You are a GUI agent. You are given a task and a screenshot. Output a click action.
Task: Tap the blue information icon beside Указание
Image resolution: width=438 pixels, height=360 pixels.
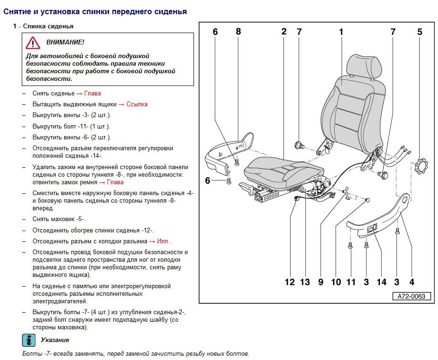coord(28,340)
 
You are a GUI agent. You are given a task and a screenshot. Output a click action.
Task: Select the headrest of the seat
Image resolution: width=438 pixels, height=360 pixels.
coord(362,65)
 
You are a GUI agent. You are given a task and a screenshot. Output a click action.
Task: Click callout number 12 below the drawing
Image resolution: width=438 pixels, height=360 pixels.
coord(289,282)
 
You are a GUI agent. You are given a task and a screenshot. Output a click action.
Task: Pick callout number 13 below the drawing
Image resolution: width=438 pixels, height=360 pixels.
coord(305,282)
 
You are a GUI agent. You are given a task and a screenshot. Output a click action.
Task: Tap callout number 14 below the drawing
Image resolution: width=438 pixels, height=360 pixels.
coord(381,282)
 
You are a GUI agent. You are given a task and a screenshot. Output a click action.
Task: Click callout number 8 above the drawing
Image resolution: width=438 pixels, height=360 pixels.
coord(238,32)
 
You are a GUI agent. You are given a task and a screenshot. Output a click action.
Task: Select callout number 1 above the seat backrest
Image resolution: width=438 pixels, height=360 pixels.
coord(341,32)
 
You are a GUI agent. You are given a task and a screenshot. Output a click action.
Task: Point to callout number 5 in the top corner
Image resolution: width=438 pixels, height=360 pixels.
coord(420,32)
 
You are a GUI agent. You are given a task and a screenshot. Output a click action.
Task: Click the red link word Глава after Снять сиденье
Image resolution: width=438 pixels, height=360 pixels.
coord(93,93)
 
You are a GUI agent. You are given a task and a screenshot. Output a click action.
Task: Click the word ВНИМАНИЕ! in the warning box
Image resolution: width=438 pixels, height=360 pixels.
coord(65,43)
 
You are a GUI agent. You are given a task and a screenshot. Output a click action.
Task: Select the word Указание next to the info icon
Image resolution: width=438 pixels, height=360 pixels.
coord(55,340)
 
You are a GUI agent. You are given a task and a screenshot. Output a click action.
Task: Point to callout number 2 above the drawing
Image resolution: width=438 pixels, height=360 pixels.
coord(284,32)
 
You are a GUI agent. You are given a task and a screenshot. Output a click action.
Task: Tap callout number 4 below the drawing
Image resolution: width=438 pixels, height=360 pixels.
coord(412,282)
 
